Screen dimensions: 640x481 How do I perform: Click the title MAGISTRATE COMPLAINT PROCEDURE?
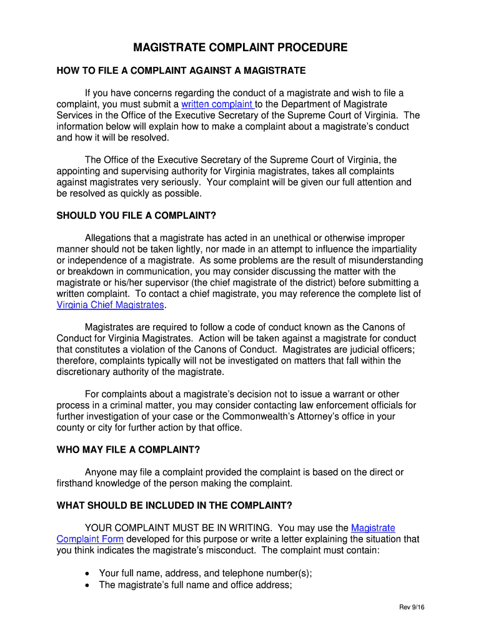241,48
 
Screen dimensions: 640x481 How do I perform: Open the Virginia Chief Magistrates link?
111,305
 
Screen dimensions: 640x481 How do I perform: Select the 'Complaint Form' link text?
90,539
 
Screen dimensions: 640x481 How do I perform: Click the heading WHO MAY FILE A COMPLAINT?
128,449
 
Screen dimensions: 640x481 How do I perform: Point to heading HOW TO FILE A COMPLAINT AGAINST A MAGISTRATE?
181,70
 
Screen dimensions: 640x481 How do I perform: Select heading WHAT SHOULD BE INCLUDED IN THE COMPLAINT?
174,505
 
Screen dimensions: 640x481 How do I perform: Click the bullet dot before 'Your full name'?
87,572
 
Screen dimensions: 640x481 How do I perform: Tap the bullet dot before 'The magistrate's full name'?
87,585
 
